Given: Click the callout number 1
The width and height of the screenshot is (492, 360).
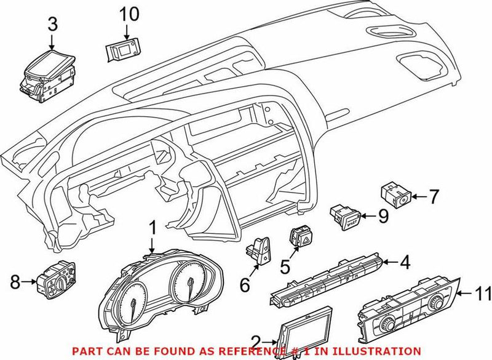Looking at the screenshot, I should pos(152,230).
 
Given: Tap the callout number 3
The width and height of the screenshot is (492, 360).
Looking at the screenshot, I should pos(52,25).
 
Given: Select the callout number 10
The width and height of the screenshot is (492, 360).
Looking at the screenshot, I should pos(130,13).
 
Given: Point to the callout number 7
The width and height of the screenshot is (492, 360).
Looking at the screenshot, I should pos(434,198).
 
